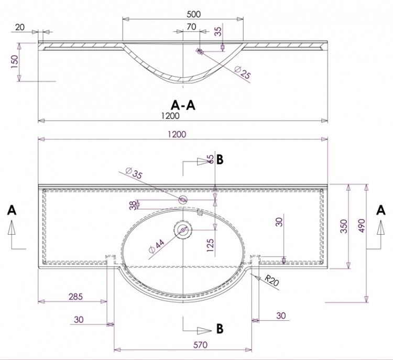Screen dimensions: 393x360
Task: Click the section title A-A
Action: [x=183, y=105]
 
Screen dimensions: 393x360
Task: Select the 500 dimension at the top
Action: [x=194, y=14]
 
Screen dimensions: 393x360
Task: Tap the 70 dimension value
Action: [x=191, y=27]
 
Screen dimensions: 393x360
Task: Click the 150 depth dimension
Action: [x=15, y=62]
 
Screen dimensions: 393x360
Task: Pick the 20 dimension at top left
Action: [x=20, y=27]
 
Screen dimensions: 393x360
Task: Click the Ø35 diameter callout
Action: [x=134, y=173]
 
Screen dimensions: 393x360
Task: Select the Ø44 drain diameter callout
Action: [x=156, y=246]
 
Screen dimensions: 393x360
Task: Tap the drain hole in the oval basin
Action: [x=183, y=230]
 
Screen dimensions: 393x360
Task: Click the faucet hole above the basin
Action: [x=183, y=200]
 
